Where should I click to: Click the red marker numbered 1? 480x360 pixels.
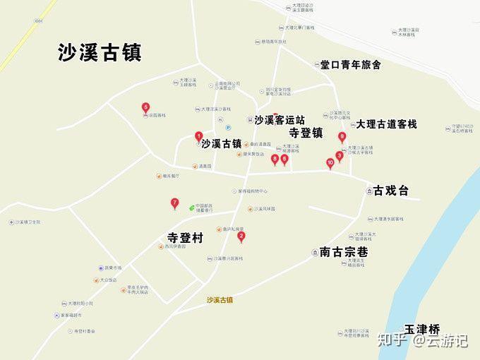pos(199,136)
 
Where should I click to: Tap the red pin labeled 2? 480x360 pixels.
pos(241,236)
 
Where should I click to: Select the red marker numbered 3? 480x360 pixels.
pos(340,156)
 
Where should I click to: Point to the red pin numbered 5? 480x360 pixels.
pos(145,108)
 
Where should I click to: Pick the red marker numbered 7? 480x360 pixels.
pos(175,204)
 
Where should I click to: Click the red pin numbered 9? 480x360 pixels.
pos(342,138)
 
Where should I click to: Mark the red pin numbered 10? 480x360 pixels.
pos(330,163)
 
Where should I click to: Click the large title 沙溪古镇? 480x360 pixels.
pos(100,53)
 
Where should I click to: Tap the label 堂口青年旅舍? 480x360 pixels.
pos(351,65)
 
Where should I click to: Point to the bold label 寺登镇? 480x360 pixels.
pos(306,132)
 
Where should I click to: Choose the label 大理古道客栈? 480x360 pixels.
pos(386,124)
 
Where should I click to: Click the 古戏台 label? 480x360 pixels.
pos(391,191)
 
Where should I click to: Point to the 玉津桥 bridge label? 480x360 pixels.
pos(421,329)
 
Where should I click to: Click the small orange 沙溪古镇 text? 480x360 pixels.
pos(220,299)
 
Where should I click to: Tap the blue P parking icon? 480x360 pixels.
pos(228,127)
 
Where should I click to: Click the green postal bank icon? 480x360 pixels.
pos(192,207)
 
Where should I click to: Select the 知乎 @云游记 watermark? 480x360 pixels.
pos(422,340)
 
